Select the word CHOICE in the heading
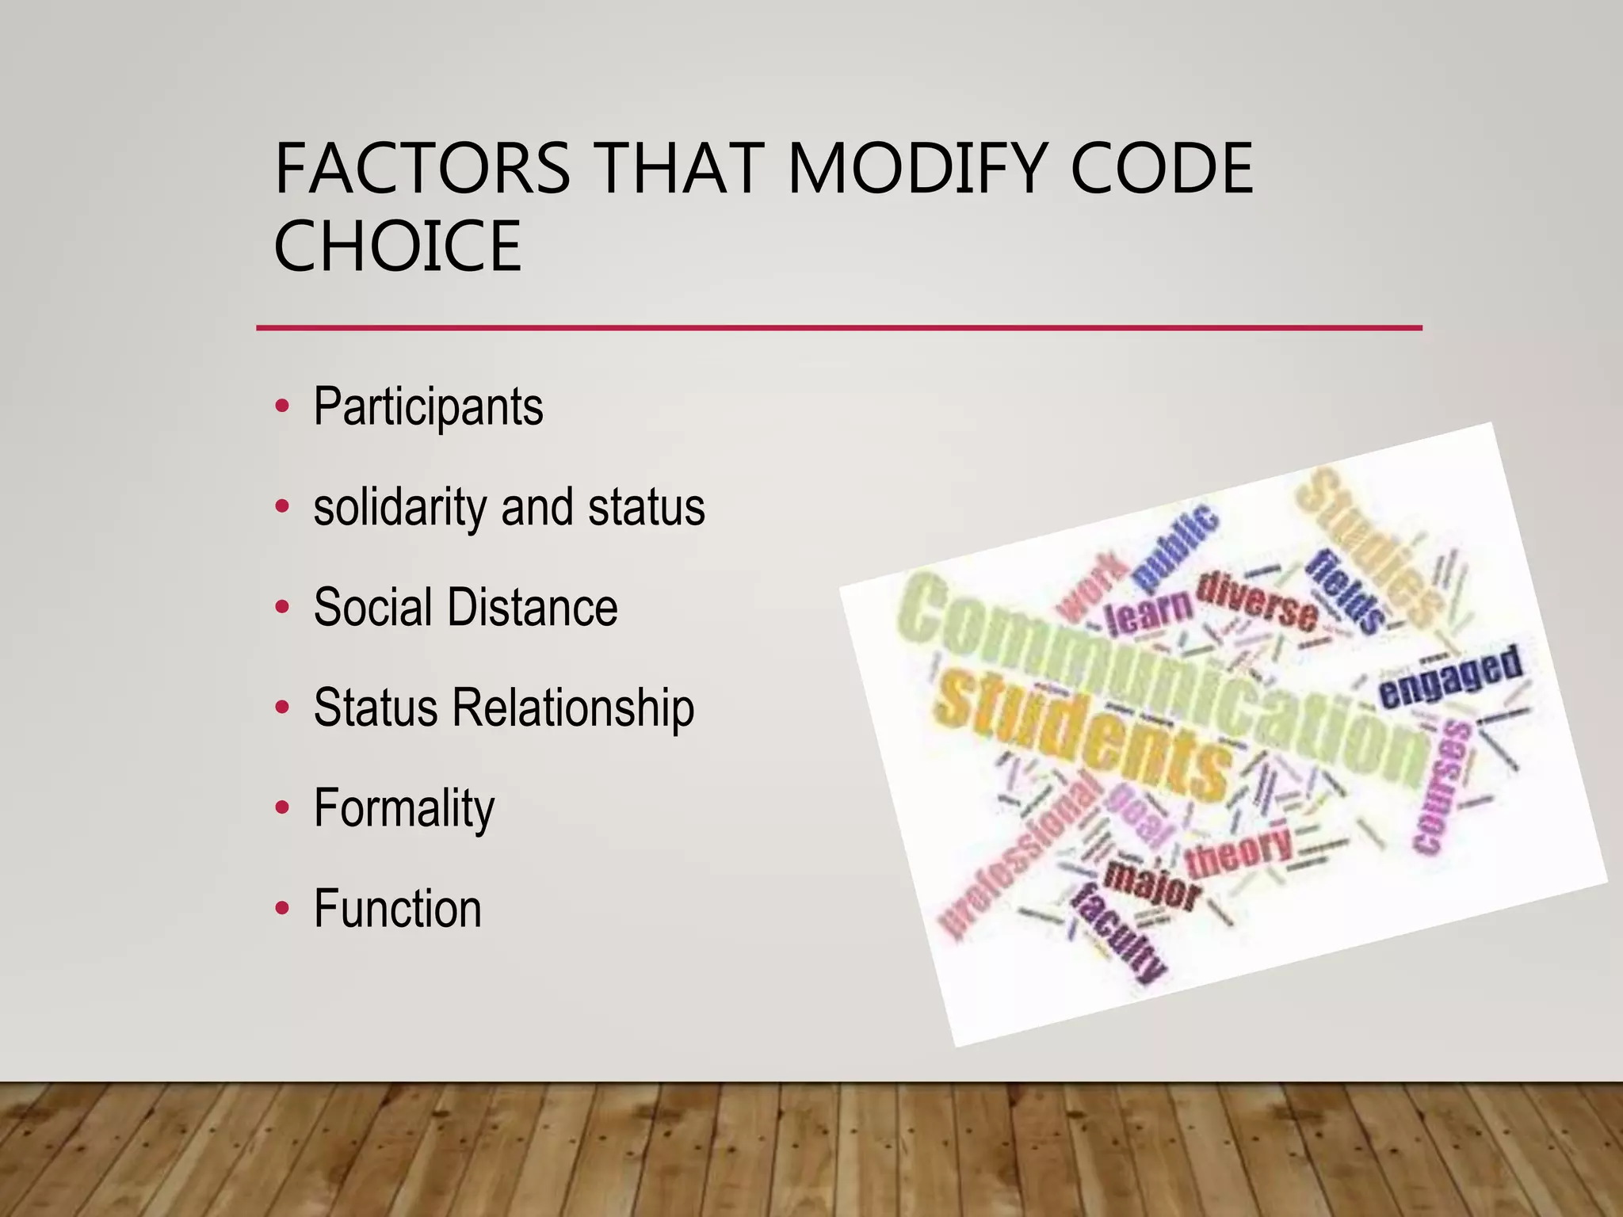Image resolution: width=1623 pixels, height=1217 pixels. point(397,246)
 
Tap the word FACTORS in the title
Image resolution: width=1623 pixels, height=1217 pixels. point(422,168)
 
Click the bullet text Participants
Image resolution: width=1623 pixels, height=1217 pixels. point(428,407)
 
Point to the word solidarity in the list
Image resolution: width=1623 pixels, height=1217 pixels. point(399,508)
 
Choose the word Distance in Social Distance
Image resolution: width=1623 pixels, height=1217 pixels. point(533,608)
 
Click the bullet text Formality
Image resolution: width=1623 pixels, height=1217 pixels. point(404,808)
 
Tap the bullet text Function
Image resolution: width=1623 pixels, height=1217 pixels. point(397,908)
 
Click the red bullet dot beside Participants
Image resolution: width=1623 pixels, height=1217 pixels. point(282,407)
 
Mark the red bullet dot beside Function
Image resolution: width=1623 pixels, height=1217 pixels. point(282,909)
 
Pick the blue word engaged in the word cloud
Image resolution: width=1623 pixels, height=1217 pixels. point(1450,677)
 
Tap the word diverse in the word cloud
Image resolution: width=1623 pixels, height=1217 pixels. point(1257,601)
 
